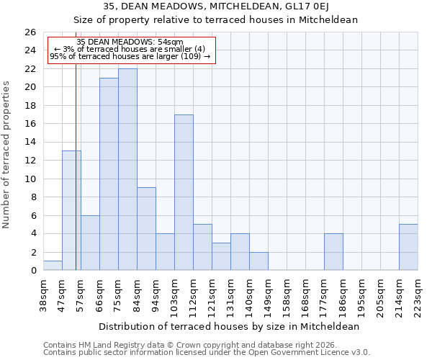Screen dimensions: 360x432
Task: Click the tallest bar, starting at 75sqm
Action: pyautogui.click(x=127, y=169)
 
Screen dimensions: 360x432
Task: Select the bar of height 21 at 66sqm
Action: pyautogui.click(x=109, y=174)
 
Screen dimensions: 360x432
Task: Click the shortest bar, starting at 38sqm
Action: pyautogui.click(x=53, y=266)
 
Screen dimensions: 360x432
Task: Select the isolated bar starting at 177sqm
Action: pyautogui.click(x=333, y=252)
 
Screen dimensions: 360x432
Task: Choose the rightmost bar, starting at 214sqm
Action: pyautogui.click(x=408, y=247)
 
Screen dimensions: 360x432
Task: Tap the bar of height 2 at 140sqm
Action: pyautogui.click(x=258, y=261)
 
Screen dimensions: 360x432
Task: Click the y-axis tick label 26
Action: pyautogui.click(x=30, y=32)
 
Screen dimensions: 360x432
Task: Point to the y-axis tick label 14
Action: pyautogui.click(x=30, y=143)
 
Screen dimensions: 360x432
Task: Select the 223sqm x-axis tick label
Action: pyautogui.click(x=418, y=294)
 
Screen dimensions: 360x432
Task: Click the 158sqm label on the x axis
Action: pyautogui.click(x=287, y=294)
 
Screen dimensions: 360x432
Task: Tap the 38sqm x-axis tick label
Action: pyautogui.click(x=44, y=294)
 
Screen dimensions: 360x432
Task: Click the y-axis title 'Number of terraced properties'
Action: pyautogui.click(x=7, y=155)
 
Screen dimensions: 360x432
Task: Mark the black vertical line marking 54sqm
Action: pyautogui.click(x=76, y=180)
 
